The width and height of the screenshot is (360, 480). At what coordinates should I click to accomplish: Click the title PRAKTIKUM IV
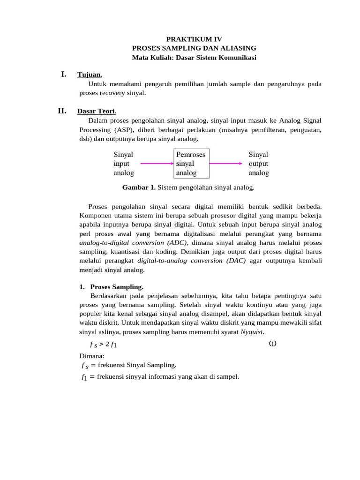click(194, 39)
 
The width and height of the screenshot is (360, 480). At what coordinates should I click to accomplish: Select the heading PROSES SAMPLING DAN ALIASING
click(194, 48)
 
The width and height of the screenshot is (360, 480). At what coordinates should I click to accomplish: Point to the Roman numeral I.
click(63, 74)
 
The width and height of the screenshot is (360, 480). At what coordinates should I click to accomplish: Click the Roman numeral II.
click(62, 111)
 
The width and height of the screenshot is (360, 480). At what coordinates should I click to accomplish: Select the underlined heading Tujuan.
click(90, 75)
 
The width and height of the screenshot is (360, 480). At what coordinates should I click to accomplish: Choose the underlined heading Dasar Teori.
click(97, 112)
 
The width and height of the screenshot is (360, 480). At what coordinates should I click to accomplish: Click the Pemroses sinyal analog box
click(191, 164)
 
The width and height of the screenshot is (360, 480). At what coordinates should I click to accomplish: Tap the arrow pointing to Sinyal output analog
click(226, 164)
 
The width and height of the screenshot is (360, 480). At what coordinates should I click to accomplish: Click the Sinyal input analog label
click(124, 164)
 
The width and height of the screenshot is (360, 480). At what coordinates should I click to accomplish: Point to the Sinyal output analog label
click(259, 164)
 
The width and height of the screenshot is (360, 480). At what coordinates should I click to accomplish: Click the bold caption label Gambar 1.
click(139, 187)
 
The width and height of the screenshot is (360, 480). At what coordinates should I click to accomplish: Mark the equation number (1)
click(273, 344)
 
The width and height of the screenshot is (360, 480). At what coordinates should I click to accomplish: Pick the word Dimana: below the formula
click(92, 356)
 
